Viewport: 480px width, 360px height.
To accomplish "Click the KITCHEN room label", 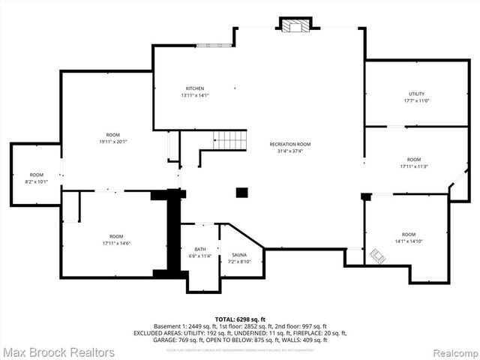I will tap(195, 88).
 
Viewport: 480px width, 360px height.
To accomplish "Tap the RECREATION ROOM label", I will tap(290, 144).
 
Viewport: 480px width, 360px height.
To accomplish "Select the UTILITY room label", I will tap(416, 94).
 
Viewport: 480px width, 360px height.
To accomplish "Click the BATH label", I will tap(200, 250).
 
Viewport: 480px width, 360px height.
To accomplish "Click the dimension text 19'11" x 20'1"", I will tap(113, 142).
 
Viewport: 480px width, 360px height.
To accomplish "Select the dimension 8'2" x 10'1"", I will tap(36, 181).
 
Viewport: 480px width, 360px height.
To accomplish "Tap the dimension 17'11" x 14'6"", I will tap(115, 243).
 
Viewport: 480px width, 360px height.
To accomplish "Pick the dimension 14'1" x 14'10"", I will tap(408, 241).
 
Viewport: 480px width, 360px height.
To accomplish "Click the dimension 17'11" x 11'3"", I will tap(413, 166).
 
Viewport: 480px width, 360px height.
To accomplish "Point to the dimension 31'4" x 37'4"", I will tap(290, 151).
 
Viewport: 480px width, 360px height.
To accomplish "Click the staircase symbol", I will tap(229, 139).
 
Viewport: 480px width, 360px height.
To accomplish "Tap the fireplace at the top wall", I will tap(293, 25).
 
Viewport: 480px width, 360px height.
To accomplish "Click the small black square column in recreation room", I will tap(242, 193).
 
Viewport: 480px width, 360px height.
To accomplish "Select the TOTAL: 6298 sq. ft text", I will tap(240, 319).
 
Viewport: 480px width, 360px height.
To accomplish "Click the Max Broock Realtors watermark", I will tap(58, 352).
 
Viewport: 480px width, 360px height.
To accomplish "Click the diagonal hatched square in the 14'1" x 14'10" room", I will tap(376, 256).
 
